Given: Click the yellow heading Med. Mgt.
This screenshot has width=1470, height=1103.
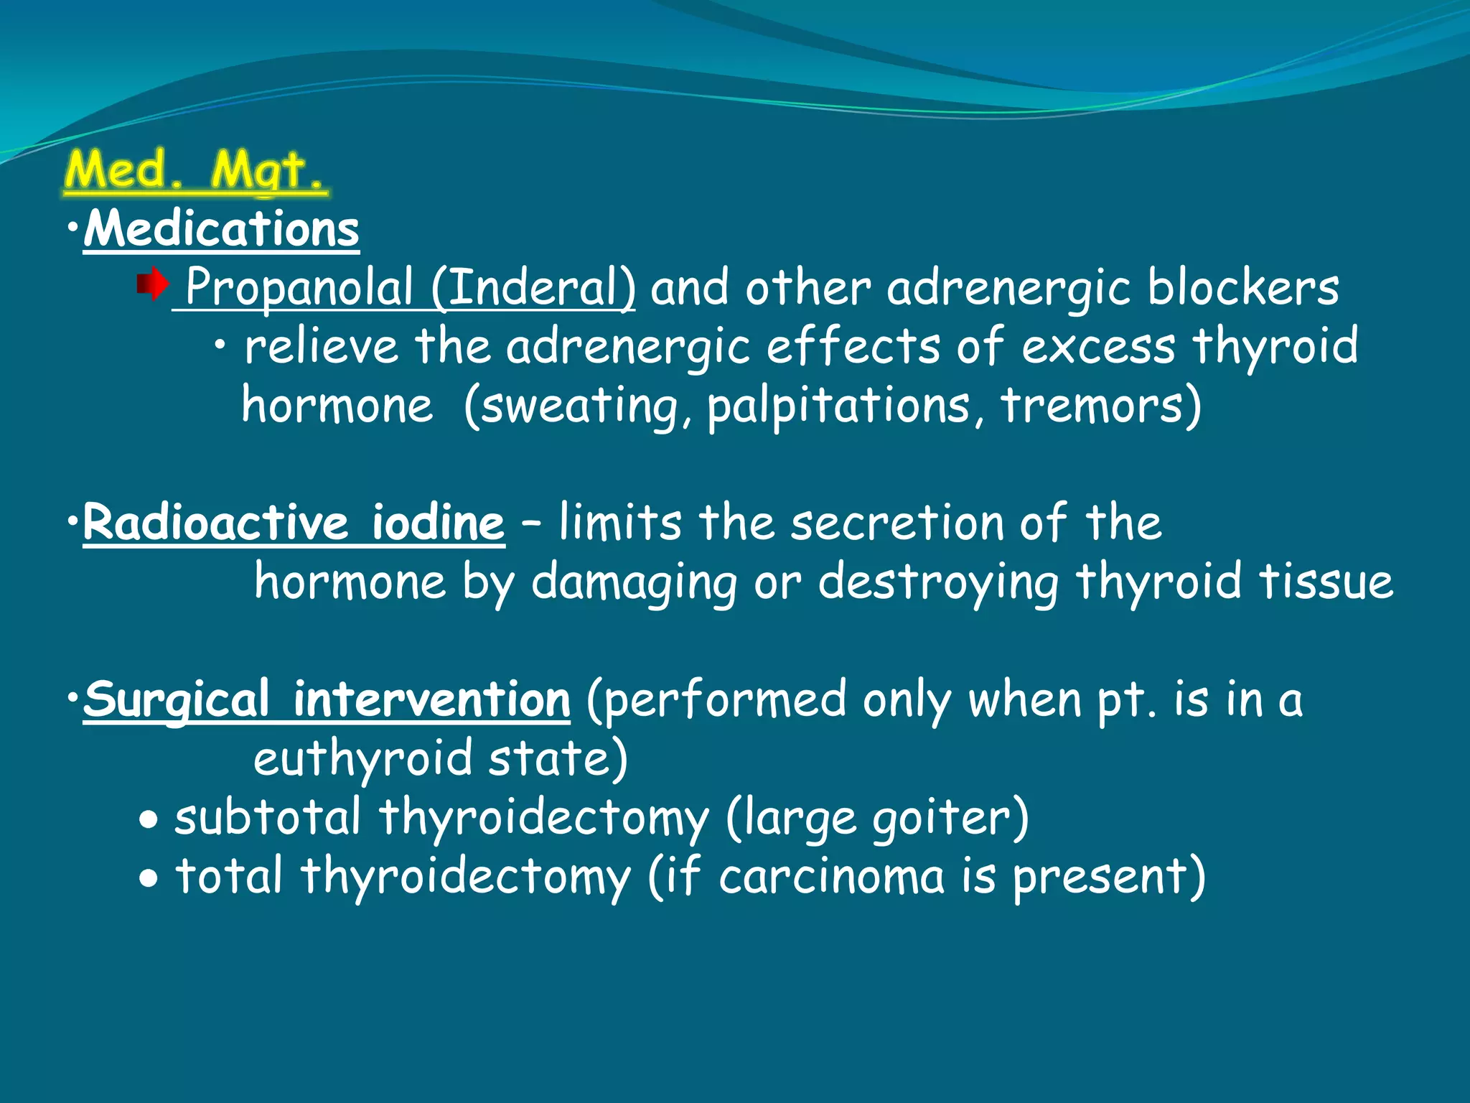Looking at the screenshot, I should [x=195, y=171].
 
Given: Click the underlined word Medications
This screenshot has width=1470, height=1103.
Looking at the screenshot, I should [x=221, y=230].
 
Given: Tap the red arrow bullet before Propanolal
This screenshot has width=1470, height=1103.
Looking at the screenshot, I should [x=152, y=285].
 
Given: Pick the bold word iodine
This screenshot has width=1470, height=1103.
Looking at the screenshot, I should [x=438, y=523].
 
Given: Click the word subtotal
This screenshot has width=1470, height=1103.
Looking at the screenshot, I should [x=267, y=819].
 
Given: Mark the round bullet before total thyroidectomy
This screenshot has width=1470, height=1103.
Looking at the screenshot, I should [x=149, y=878].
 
